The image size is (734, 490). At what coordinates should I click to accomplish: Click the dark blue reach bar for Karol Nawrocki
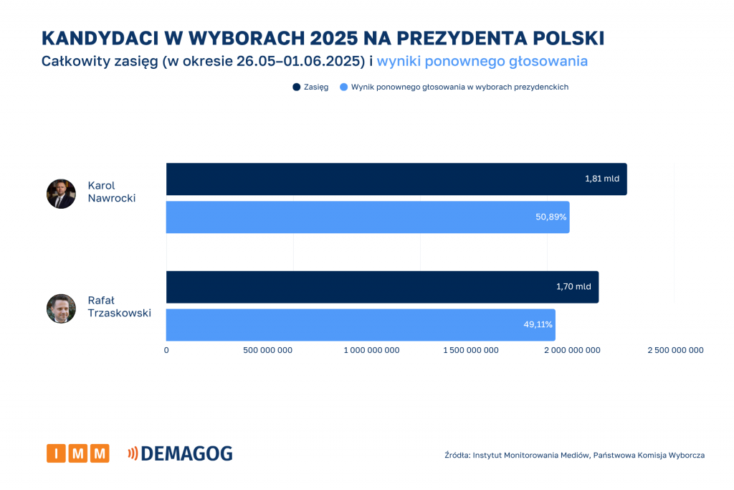click(396, 179)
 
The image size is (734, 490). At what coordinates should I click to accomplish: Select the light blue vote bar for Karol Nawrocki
click(368, 217)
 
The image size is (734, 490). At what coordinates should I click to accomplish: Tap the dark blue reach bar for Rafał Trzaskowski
click(382, 287)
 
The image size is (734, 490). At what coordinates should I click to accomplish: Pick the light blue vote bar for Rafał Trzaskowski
click(361, 324)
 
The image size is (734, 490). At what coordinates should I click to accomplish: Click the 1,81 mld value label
click(601, 179)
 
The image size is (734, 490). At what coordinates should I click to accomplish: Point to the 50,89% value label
click(550, 217)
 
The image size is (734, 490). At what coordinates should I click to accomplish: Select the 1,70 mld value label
click(573, 287)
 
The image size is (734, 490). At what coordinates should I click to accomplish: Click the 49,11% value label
click(538, 324)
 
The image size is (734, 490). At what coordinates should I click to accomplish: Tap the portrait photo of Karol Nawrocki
click(61, 194)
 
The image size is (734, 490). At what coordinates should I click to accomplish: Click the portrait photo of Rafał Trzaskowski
click(61, 308)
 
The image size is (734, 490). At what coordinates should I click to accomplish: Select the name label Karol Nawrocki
click(111, 192)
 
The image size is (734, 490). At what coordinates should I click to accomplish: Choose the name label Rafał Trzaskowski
click(119, 306)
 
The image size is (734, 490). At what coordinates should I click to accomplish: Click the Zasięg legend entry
click(310, 87)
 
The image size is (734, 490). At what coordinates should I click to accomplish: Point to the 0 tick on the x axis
click(166, 350)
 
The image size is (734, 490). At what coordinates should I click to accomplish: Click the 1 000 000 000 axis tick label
click(371, 350)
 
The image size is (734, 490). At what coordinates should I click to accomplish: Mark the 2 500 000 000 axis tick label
click(675, 350)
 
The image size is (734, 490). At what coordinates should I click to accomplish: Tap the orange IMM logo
click(78, 453)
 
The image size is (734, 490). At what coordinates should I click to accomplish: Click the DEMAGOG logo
click(180, 453)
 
